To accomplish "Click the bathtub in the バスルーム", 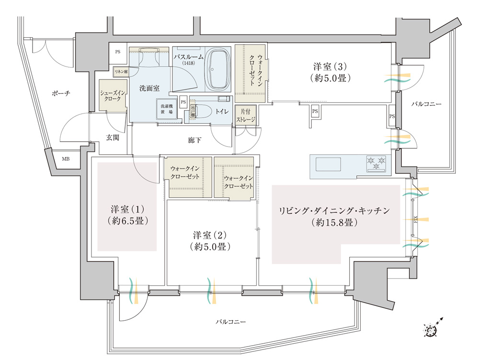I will click(x=219, y=68).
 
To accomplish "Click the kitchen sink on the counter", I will click(x=327, y=165).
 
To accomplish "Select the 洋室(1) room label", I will click(x=127, y=215).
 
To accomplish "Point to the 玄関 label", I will click(x=113, y=137).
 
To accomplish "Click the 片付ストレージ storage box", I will click(x=246, y=115).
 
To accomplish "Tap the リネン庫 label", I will click(x=120, y=72).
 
